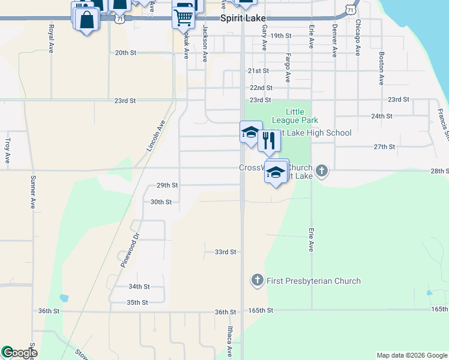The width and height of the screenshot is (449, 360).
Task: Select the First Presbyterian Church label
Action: point(313,281)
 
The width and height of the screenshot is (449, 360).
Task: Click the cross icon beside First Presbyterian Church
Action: point(257,280)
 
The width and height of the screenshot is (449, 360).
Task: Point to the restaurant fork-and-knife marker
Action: point(269,141)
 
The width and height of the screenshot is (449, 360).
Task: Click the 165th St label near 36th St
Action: point(262,310)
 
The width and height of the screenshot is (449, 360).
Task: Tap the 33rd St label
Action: point(226,252)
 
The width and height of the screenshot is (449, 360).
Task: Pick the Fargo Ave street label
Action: point(288,68)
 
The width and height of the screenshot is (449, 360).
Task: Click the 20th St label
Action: point(126,53)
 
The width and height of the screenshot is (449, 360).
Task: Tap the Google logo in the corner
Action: point(19,353)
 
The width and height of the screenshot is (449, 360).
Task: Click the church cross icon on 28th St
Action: point(322,171)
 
